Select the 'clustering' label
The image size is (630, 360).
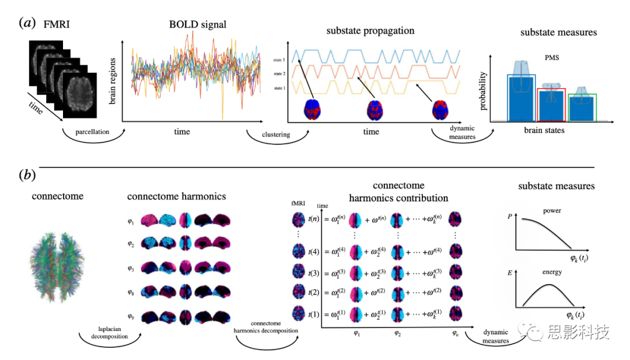coord(276,135)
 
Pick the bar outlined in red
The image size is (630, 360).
coord(551,105)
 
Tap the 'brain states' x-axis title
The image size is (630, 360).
coord(544,130)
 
